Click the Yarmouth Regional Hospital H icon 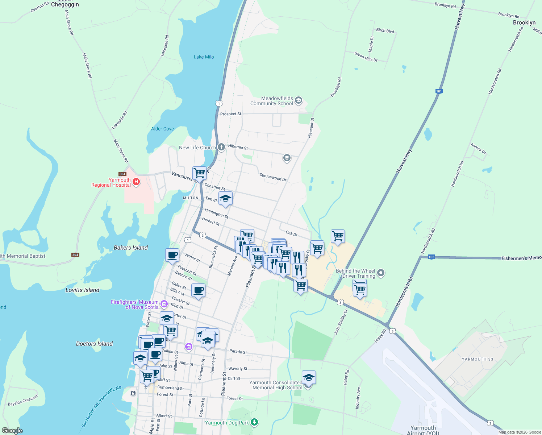[x=136, y=182]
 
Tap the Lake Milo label [x=204, y=57]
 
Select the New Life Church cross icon [x=221, y=147]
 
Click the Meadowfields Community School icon [x=299, y=100]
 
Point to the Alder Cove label [x=162, y=129]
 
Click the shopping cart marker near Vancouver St [x=199, y=173]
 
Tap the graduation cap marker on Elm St [x=225, y=199]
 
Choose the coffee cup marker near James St [x=172, y=255]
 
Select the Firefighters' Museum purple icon [x=164, y=304]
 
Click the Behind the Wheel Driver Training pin [x=380, y=273]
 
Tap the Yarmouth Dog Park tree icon [x=254, y=422]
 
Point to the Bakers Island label [x=131, y=248]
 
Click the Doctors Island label [x=94, y=344]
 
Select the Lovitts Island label [x=82, y=290]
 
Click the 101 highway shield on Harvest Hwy [x=439, y=91]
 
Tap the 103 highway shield [x=431, y=257]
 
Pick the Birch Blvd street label [x=385, y=31]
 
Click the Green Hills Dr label [x=366, y=57]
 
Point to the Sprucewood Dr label [x=273, y=177]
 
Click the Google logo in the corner [x=12, y=430]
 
